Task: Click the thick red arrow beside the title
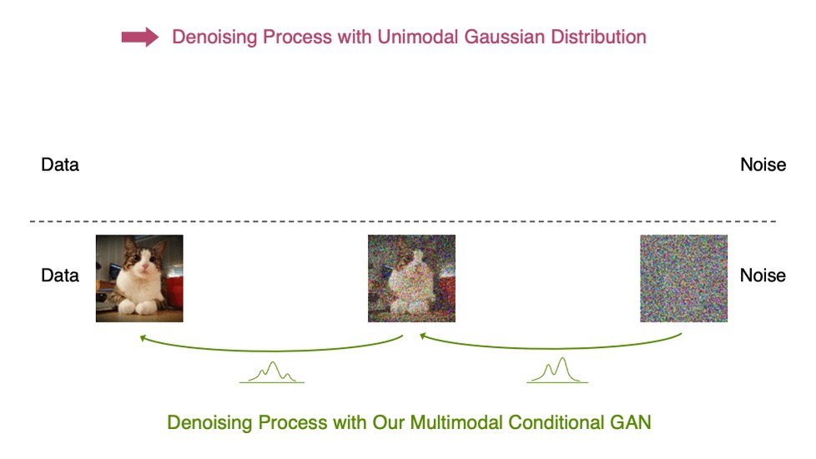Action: point(139,37)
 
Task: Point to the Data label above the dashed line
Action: point(60,164)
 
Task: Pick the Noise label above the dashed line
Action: point(763,164)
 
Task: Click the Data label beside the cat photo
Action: point(60,275)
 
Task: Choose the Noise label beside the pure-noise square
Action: point(763,275)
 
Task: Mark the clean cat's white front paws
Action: point(138,308)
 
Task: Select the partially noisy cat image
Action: point(411,278)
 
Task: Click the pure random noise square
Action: point(683,278)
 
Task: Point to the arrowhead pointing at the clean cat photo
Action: point(143,338)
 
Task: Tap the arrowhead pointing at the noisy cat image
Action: point(423,336)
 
